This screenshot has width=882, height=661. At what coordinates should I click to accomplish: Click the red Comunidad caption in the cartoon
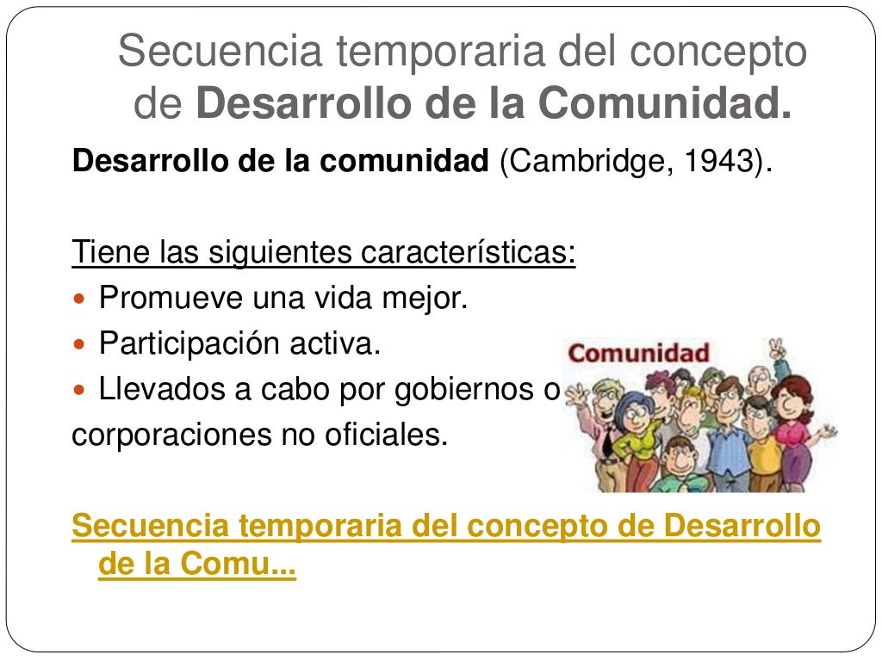tap(639, 353)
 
